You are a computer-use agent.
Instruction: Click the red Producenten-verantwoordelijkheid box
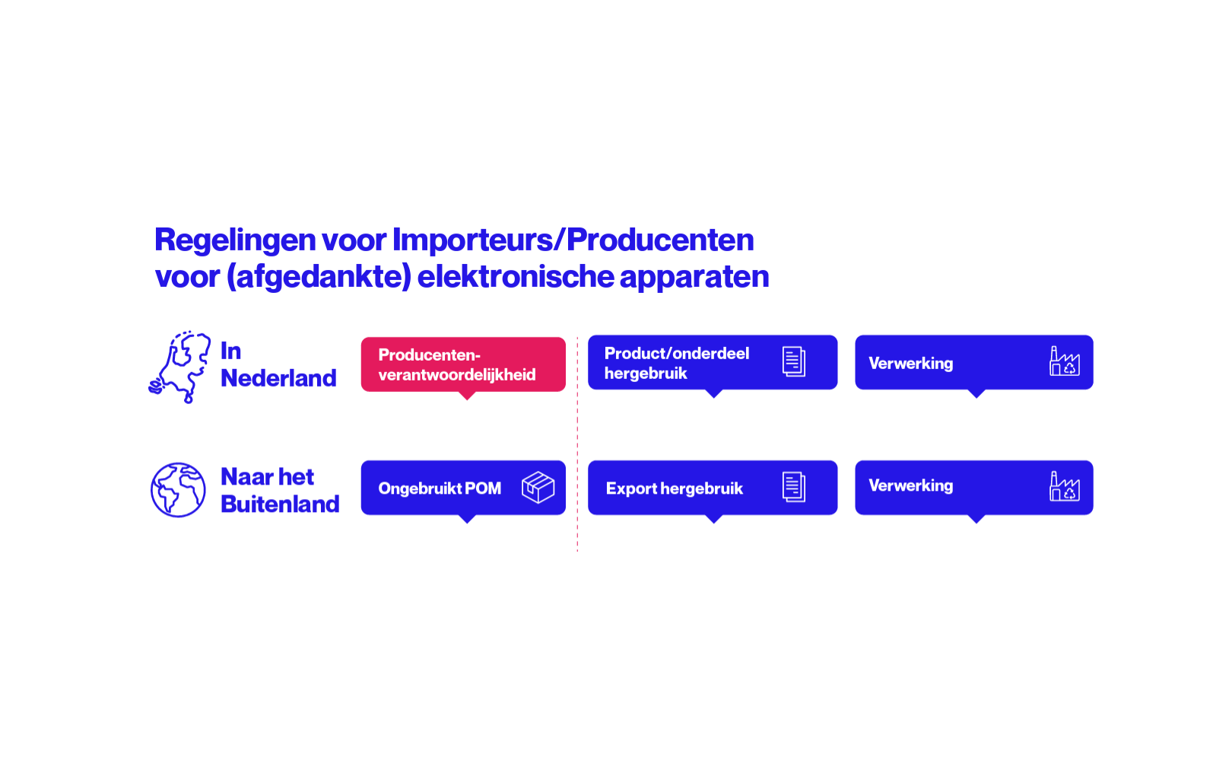pos(463,364)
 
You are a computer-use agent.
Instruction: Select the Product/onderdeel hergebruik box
pos(713,362)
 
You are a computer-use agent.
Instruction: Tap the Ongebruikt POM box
pos(463,488)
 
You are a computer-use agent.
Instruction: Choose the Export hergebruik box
pos(713,488)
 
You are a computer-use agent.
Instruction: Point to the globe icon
pos(178,489)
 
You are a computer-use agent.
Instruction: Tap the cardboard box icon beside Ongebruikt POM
pos(538,488)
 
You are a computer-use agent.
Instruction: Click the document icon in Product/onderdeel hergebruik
pos(794,361)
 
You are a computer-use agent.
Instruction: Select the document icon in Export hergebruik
pos(794,487)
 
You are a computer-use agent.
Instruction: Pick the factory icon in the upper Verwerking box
pos(1064,361)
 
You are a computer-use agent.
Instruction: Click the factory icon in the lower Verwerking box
pos(1064,486)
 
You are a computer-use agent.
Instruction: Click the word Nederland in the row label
pos(278,379)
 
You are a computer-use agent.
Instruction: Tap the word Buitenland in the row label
pos(280,504)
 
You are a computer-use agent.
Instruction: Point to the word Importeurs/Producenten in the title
pos(573,240)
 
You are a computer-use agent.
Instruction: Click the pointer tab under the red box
pos(467,395)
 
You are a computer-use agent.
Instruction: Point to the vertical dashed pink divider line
pos(577,444)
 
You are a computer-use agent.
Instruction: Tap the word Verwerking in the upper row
pos(911,363)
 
